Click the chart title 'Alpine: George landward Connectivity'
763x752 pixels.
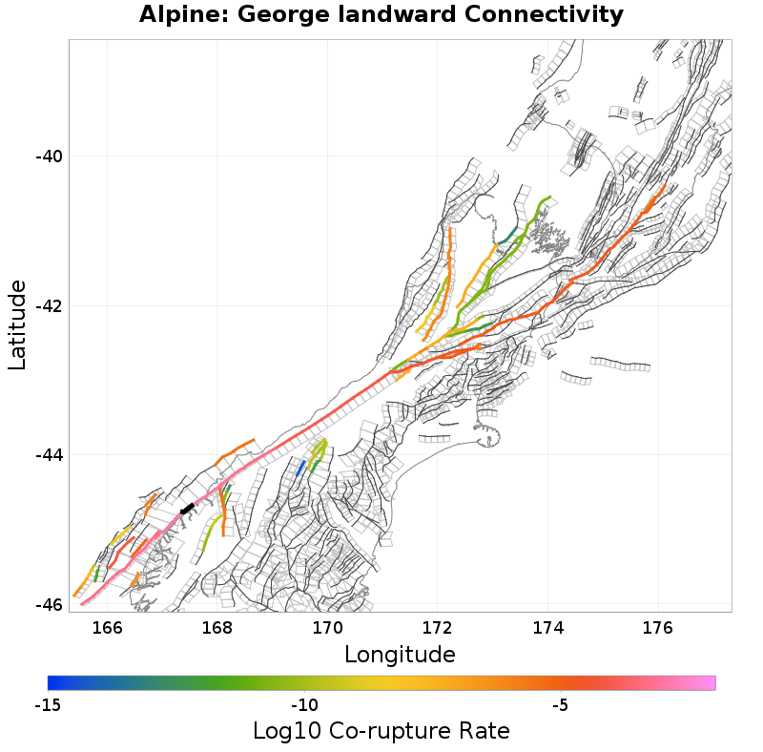pyautogui.click(x=381, y=15)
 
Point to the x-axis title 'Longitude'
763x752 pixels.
pyautogui.click(x=400, y=655)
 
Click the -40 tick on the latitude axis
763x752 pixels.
pyautogui.click(x=50, y=157)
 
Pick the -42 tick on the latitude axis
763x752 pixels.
pyautogui.click(x=50, y=306)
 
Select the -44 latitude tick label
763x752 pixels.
pyautogui.click(x=50, y=455)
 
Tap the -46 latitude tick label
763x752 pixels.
pyautogui.click(x=50, y=605)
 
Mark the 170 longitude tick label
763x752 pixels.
pyautogui.click(x=327, y=628)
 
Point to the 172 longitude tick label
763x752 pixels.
pyautogui.click(x=438, y=628)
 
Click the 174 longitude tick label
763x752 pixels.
pyautogui.click(x=547, y=628)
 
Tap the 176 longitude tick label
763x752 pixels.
pyautogui.click(x=658, y=628)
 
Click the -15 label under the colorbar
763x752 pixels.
pyautogui.click(x=48, y=705)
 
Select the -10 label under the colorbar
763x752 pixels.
pyautogui.click(x=304, y=705)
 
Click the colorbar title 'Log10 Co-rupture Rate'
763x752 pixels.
pyautogui.click(x=381, y=731)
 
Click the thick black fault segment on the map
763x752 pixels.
pyautogui.click(x=187, y=509)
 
